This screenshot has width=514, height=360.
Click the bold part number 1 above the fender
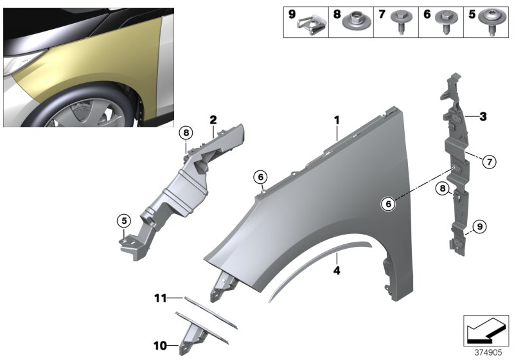point(335,120)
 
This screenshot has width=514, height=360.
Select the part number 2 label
point(213,120)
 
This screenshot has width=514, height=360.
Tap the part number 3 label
point(483,116)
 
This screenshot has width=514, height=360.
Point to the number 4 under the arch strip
point(335,271)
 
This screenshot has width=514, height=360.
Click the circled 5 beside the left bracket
point(122,221)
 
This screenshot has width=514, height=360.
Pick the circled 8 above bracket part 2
point(186,133)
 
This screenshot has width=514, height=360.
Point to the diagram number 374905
point(487,352)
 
